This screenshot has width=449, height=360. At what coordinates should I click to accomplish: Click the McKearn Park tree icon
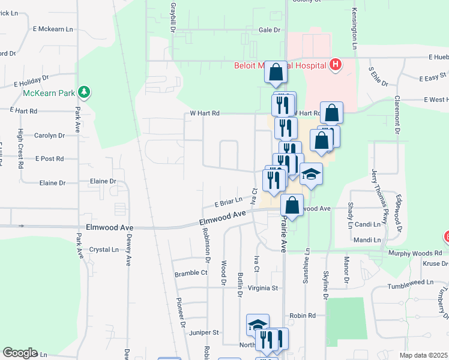85,92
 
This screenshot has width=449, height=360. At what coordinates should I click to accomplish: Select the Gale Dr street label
270,29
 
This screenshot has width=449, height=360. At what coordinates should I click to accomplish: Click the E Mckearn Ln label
53,28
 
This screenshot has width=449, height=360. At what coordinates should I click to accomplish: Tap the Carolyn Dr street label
49,136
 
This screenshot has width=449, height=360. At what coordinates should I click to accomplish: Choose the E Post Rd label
49,158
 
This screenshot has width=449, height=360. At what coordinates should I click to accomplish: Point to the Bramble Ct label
191,273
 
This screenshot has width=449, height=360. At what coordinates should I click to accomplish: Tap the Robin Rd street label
303,316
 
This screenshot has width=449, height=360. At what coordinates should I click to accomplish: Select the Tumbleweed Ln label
410,282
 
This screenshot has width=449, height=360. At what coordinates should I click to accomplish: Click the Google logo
19,353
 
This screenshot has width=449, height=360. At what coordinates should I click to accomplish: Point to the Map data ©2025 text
423,355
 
